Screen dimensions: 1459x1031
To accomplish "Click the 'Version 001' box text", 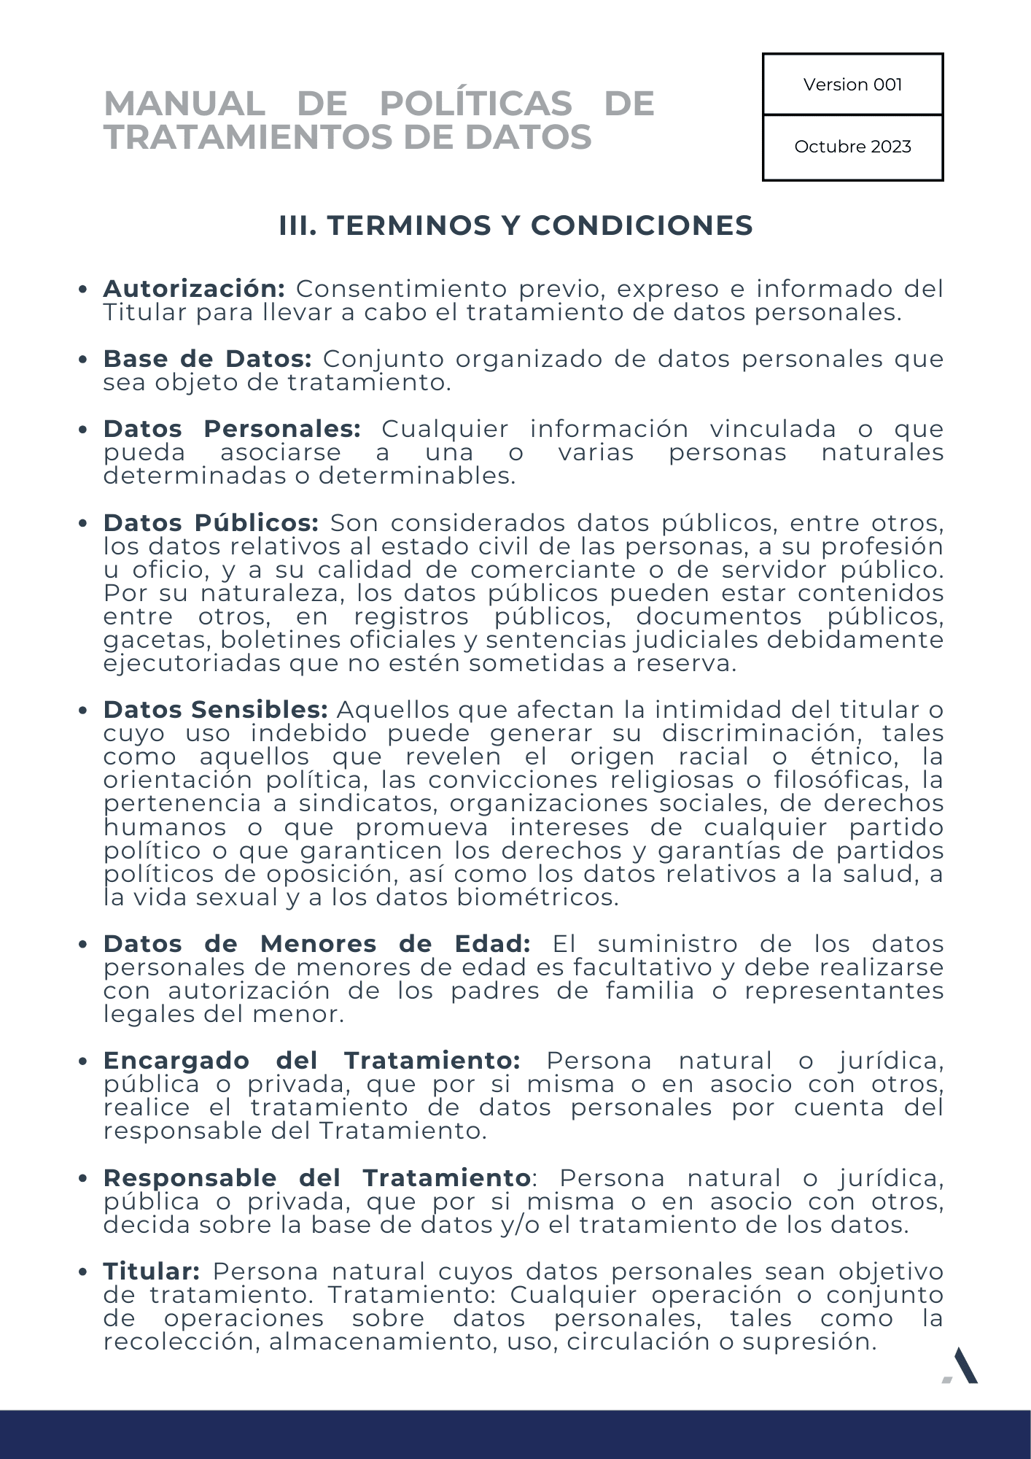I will [x=852, y=85].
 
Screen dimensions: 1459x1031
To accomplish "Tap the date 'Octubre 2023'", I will [x=852, y=147].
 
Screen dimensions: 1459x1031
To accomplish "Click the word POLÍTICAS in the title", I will [x=476, y=103].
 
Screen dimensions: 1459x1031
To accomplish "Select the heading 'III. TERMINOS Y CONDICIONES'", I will [x=515, y=225].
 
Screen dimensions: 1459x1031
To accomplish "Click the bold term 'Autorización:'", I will [x=194, y=289].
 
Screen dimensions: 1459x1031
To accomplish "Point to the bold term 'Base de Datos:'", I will [x=208, y=359].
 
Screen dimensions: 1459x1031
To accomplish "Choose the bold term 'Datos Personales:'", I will [x=232, y=429].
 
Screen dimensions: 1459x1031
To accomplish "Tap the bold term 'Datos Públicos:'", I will [x=211, y=523].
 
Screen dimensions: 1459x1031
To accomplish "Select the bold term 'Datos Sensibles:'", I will [x=216, y=710].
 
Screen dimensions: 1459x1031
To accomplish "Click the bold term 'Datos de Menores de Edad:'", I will [x=316, y=944].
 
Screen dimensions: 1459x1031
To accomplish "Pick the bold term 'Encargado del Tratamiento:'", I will [x=311, y=1061].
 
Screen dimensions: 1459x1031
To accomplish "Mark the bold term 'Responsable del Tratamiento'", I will [x=316, y=1178].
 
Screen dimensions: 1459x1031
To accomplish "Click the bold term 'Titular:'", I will [x=152, y=1272].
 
